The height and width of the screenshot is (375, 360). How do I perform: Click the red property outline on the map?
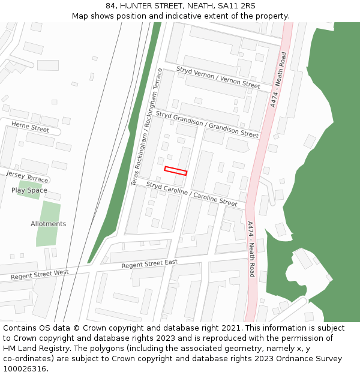[176, 171]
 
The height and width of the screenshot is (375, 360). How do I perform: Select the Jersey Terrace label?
[26, 176]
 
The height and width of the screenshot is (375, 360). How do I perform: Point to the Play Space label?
[29, 190]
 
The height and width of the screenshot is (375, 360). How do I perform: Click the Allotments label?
[49, 224]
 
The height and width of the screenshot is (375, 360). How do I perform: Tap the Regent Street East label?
[149, 264]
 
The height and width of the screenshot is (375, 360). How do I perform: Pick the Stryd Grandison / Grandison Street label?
[207, 124]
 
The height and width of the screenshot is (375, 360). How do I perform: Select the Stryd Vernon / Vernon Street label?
[218, 77]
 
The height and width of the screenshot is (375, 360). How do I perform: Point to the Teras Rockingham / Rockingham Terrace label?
[147, 126]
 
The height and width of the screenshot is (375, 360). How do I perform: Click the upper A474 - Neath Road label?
[278, 79]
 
